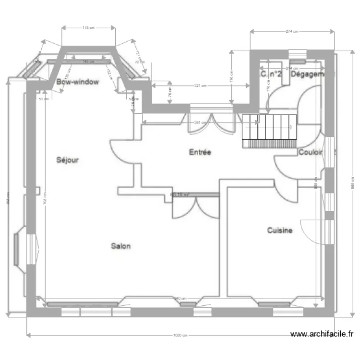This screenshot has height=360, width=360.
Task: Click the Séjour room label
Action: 67,160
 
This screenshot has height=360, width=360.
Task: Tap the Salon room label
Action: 121,246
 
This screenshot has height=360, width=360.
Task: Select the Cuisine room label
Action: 280,231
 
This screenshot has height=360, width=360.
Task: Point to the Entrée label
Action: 200,152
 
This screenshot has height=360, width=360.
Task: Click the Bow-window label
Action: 77,82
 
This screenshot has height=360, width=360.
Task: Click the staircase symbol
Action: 269,131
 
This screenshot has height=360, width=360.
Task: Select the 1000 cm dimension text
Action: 180,336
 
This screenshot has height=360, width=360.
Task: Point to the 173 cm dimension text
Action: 88,28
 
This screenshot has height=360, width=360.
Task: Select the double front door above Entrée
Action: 212,124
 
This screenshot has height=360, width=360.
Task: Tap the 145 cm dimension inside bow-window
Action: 88,61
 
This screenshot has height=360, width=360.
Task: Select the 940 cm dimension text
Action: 180,298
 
